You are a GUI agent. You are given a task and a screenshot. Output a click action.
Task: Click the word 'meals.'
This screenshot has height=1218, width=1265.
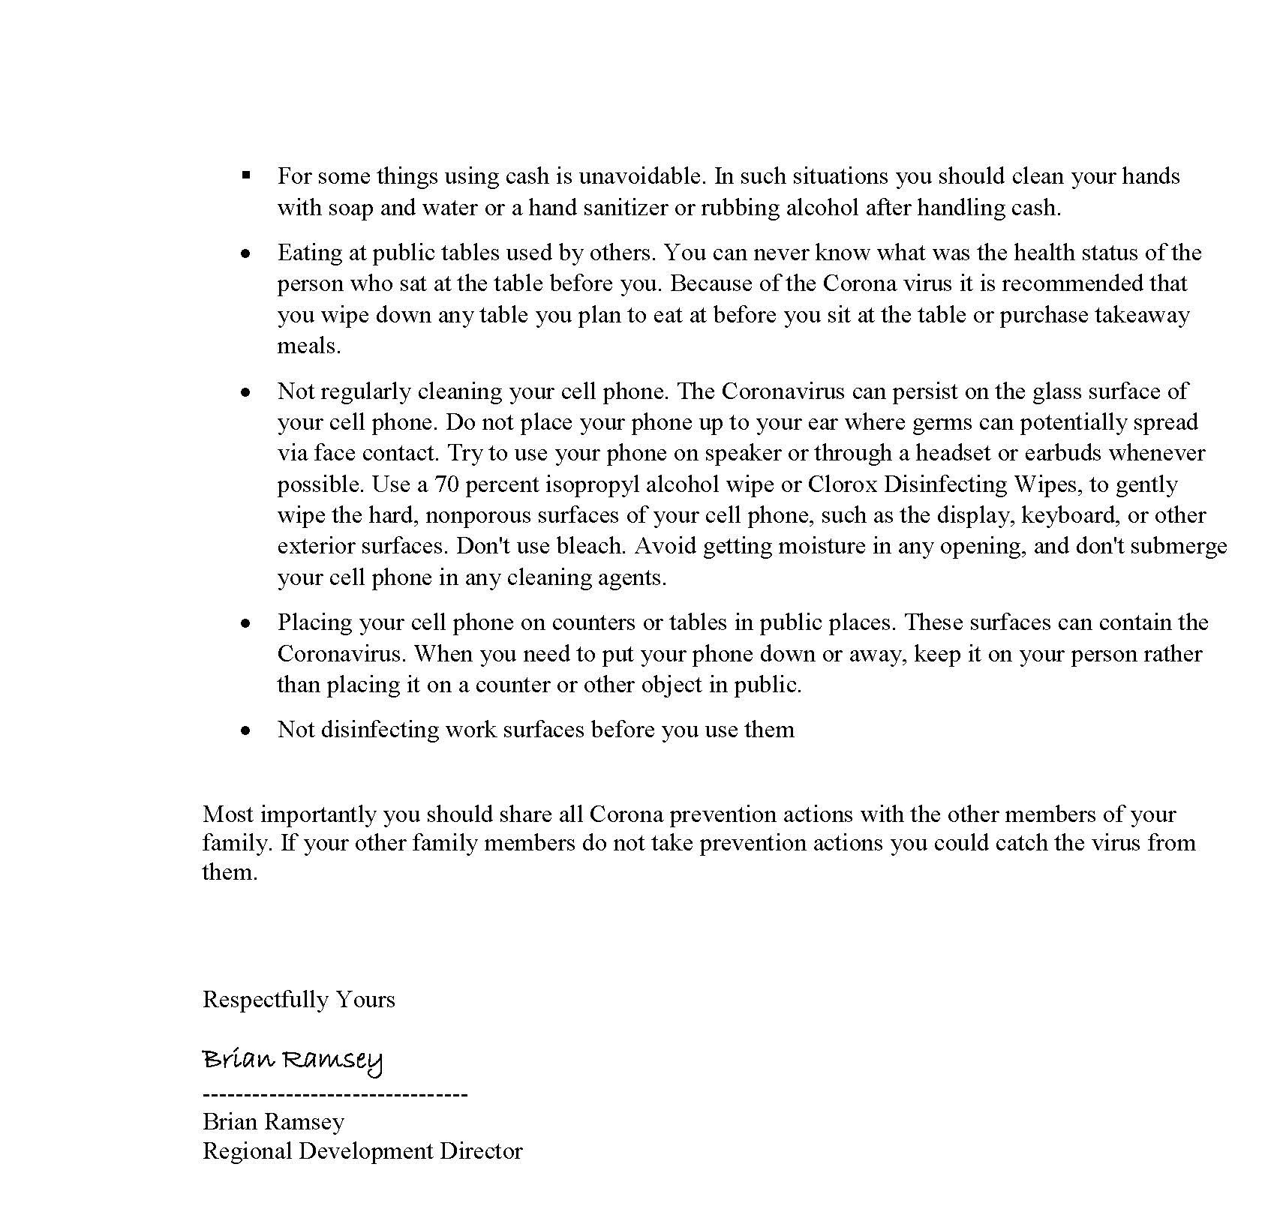[x=309, y=346]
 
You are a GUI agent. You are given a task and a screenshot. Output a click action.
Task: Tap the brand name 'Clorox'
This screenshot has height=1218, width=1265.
[x=842, y=484]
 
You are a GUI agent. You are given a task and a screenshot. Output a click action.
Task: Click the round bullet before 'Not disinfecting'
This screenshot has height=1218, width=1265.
[x=245, y=730]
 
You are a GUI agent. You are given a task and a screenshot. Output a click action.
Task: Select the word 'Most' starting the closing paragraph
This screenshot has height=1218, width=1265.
[x=228, y=814]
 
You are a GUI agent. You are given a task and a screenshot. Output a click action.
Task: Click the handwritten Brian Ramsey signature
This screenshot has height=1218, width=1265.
[x=293, y=1060]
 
